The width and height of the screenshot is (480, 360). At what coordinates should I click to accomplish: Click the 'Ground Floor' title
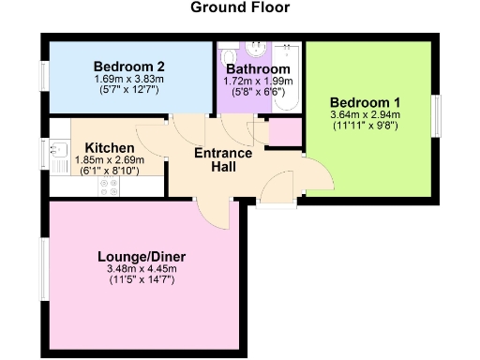(240, 8)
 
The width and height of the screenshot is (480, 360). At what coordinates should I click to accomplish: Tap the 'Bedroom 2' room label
(129, 67)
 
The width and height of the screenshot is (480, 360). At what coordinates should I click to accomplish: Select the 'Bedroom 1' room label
(364, 103)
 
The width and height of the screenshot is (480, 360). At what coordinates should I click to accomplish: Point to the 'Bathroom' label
(255, 69)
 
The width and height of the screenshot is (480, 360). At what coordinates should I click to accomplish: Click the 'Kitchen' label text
(110, 148)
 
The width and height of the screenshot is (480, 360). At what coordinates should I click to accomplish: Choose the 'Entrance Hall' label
(222, 159)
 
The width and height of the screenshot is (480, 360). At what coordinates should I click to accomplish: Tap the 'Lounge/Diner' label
(142, 255)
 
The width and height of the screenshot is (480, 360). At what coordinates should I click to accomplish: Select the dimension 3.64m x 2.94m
(364, 115)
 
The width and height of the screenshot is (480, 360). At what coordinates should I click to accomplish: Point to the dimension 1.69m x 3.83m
(129, 80)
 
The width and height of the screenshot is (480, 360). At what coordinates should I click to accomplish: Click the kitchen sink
(57, 148)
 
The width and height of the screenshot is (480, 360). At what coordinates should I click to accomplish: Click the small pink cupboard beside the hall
(285, 132)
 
